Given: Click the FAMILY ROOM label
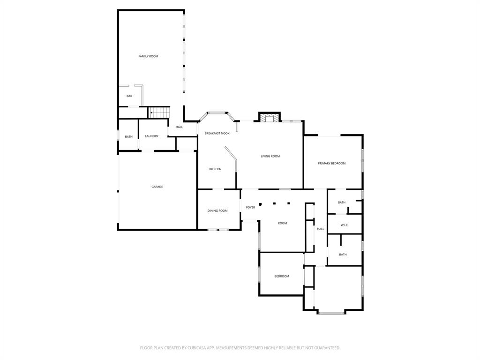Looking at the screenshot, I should pos(148,56).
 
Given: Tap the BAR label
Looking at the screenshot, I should pos(129,96).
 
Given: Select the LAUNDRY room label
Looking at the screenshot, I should pos(151,136).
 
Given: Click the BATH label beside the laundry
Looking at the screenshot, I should pos(128,137).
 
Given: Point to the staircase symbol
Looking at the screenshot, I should pos(160,113).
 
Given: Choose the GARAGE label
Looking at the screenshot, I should pos(157,187).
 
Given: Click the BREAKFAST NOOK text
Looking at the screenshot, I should pos(217,134).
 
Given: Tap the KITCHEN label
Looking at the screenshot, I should pos(215,169).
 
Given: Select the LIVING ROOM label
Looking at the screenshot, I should pos(270,156).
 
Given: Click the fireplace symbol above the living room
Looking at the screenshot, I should pos(270,118).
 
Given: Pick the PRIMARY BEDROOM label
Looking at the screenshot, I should pos(332,164).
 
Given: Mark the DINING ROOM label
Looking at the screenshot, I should pos(217,211).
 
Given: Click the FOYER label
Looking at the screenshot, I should pos(251,207).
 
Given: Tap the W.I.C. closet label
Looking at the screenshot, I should pos(345,225).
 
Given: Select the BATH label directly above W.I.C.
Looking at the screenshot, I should pos(342,202).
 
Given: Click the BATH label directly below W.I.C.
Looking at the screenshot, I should pos(343,255).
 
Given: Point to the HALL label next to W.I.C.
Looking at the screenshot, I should pos(321,229).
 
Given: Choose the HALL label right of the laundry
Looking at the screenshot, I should pos(179,127).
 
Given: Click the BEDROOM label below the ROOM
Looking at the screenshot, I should pos(282,277).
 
